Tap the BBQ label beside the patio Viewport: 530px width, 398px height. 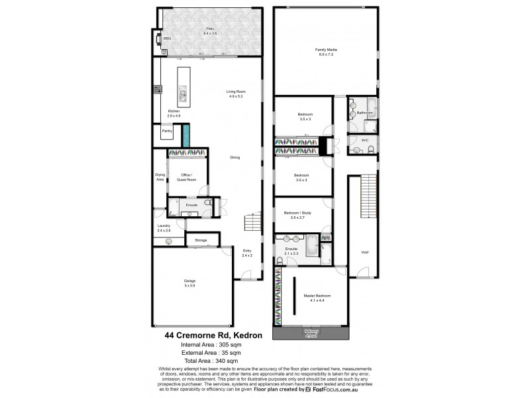tap(167, 39)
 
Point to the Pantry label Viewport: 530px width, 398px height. tap(167, 131)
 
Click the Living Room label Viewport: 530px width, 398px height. tap(237, 94)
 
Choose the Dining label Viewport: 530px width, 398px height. tap(235, 157)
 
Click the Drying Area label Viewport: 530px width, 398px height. tap(160, 177)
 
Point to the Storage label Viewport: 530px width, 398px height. tap(201, 239)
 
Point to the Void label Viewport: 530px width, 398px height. tap(364, 251)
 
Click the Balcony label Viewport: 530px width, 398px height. tap(312, 332)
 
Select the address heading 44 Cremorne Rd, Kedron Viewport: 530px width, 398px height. tap(214, 336)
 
